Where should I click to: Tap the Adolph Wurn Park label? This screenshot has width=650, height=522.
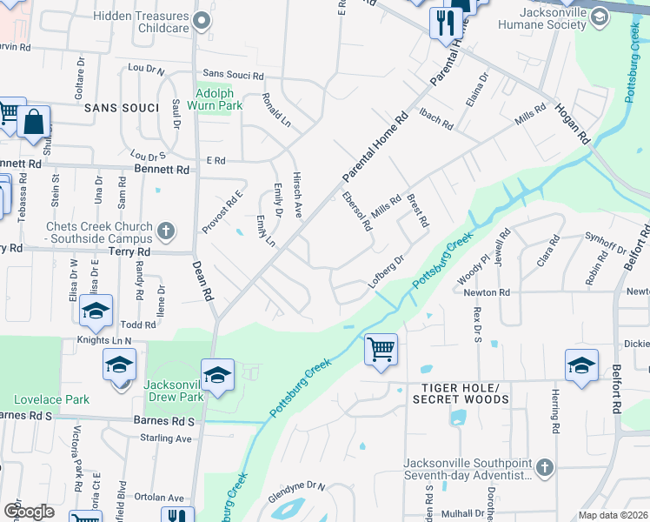click(218, 98)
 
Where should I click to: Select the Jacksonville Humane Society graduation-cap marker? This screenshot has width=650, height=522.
click(599, 17)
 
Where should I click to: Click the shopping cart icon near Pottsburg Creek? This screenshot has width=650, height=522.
click(381, 349)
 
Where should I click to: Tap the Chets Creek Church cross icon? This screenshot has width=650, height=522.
click(165, 231)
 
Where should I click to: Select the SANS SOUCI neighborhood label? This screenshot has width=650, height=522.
click(122, 107)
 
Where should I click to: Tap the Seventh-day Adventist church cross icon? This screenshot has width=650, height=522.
click(544, 467)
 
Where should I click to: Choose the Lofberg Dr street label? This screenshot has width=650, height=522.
click(387, 271)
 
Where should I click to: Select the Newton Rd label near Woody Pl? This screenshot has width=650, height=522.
click(486, 292)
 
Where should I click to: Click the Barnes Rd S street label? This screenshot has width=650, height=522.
click(163, 419)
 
